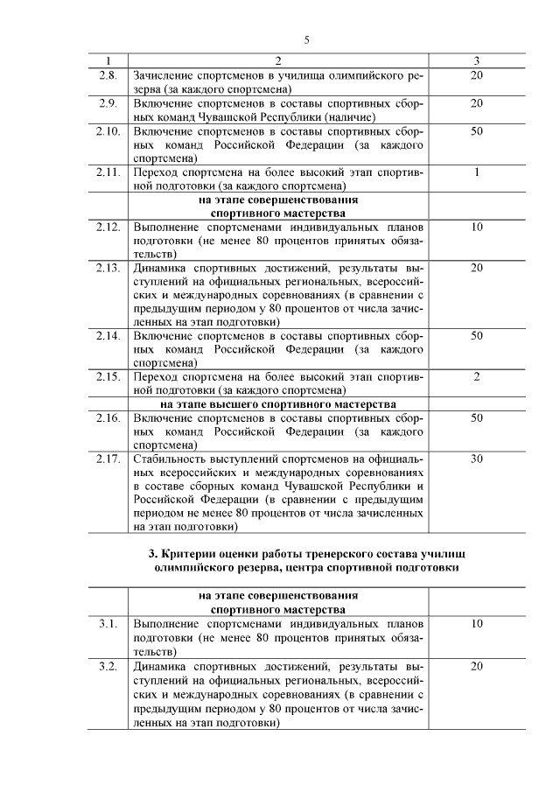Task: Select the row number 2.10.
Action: point(108,131)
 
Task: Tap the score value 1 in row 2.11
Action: point(476,172)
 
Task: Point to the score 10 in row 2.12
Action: point(476,227)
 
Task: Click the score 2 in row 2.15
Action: point(476,376)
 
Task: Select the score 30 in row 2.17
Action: point(476,459)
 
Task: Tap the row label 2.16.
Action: point(108,418)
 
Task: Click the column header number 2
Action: point(277,60)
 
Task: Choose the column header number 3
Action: point(476,60)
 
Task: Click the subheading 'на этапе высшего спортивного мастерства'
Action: point(277,404)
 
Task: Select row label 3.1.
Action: point(108,625)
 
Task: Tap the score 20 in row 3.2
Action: point(476,667)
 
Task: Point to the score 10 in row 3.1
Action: point(476,625)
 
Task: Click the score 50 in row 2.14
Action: point(476,335)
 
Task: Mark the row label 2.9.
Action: point(108,103)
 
